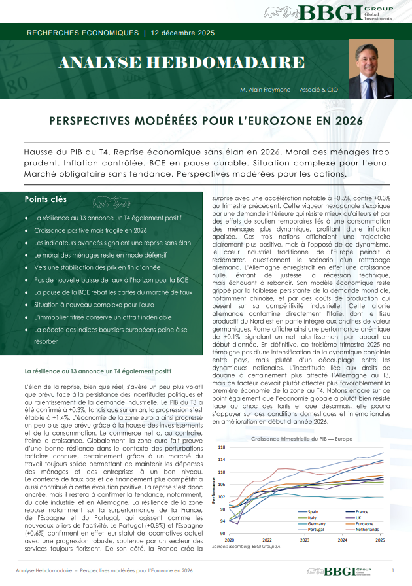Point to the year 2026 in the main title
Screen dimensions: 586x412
(x=347, y=122)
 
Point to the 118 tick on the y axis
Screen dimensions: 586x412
(x=222, y=447)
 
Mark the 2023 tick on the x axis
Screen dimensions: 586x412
(x=304, y=540)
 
